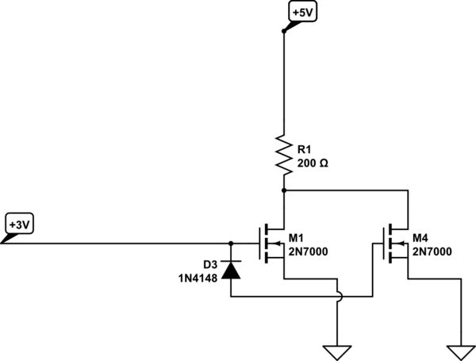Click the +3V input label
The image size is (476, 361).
click(x=19, y=225)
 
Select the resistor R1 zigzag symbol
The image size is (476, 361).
click(x=283, y=154)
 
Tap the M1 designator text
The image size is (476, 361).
click(x=297, y=237)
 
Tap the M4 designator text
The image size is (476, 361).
click(x=420, y=237)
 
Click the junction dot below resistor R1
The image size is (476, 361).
click(x=283, y=190)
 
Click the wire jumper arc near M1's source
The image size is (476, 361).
click(x=338, y=296)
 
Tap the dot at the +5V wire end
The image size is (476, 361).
click(x=283, y=32)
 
